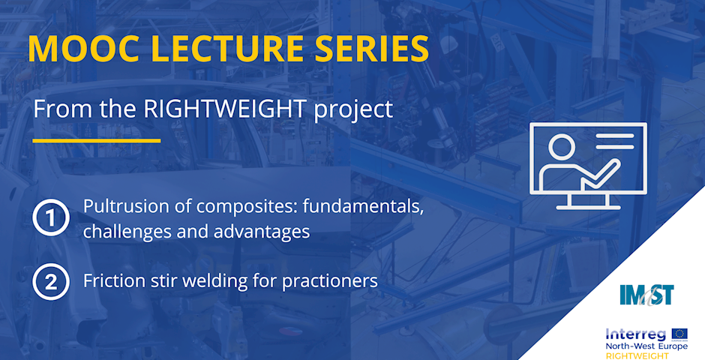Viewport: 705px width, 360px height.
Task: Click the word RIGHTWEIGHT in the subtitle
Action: (x=224, y=109)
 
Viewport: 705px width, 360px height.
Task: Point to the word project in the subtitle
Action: (x=353, y=110)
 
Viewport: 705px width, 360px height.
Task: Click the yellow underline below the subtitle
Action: (x=97, y=141)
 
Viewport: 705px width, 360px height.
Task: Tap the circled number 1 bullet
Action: (x=51, y=217)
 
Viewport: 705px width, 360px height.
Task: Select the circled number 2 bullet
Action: (x=51, y=282)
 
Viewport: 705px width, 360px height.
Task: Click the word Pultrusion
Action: (x=115, y=205)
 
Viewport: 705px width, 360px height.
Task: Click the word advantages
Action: (x=262, y=232)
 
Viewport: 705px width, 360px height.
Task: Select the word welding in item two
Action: (x=215, y=281)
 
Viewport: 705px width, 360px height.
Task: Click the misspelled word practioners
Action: (x=330, y=281)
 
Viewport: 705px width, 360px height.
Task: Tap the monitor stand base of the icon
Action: (x=588, y=207)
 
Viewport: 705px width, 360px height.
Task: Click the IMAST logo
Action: (x=646, y=295)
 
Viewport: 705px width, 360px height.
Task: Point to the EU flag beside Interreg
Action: (x=679, y=334)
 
